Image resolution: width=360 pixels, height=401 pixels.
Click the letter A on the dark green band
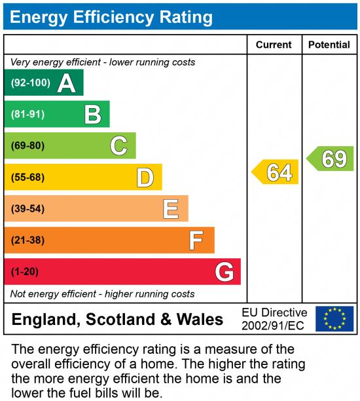coord(66,83)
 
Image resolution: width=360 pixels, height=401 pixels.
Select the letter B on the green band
coord(93,115)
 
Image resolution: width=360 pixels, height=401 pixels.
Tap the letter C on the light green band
coord(118,145)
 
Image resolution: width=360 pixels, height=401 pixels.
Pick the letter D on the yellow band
coord(145,177)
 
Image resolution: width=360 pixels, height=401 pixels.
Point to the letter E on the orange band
coord(171,208)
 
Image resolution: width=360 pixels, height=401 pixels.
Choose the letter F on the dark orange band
coord(196,240)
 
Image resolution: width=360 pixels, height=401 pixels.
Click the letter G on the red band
coord(225,271)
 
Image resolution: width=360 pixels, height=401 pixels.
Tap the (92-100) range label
coord(29,83)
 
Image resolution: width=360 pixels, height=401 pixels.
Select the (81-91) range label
coord(27,115)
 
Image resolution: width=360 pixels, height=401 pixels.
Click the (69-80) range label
coord(27,145)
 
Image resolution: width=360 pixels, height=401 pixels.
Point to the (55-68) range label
coord(27,177)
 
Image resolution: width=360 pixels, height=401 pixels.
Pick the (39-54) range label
coord(27,208)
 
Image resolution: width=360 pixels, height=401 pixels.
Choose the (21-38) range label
coord(27,240)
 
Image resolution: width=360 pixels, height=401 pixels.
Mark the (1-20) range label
coord(25,271)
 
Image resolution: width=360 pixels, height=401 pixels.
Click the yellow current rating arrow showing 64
coord(276,172)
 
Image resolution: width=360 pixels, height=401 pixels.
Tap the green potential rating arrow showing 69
coord(331,159)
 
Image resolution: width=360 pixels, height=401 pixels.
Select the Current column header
coord(274,45)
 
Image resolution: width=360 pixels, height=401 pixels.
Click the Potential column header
coord(329,45)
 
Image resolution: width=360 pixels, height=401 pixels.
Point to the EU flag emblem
coord(334,318)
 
